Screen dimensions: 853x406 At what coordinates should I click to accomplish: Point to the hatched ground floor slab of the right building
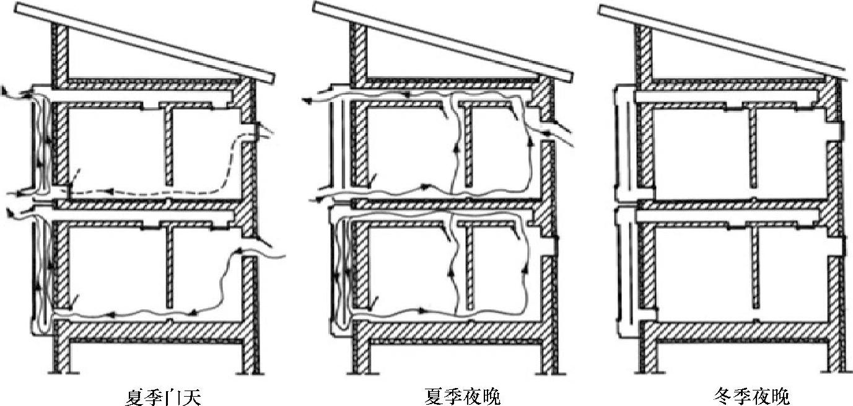click(740, 331)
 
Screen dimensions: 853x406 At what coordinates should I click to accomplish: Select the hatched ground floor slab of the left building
click(155, 331)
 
